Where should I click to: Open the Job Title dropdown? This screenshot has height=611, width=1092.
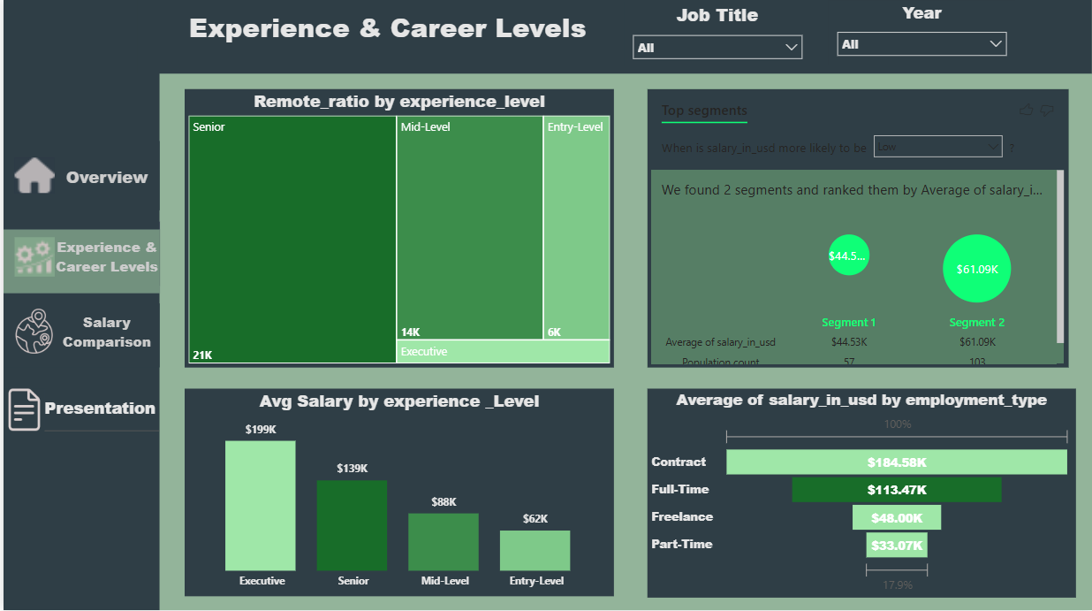click(x=717, y=48)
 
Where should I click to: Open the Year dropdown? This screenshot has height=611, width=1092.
click(x=921, y=44)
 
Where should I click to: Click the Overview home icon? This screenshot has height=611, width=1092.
click(x=34, y=176)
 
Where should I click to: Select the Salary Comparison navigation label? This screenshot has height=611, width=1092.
click(x=106, y=332)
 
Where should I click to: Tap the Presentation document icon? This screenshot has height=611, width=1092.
click(x=24, y=409)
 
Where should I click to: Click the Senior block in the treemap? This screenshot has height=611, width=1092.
click(x=292, y=239)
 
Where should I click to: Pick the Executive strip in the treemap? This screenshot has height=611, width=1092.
click(x=503, y=352)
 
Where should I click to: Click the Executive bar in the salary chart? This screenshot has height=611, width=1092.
click(x=261, y=505)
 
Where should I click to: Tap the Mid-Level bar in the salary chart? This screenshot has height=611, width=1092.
click(x=444, y=541)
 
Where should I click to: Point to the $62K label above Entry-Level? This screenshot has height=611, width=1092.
click(x=535, y=519)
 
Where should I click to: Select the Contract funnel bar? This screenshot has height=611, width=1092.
click(x=896, y=462)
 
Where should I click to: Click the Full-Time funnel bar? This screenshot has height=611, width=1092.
click(x=896, y=490)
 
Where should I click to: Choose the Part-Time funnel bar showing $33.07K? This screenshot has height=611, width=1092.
click(x=896, y=546)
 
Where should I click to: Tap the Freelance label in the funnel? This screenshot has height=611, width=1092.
click(x=682, y=516)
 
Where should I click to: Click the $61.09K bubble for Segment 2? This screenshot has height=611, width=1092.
click(x=976, y=269)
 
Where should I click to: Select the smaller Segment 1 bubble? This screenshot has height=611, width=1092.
click(x=848, y=256)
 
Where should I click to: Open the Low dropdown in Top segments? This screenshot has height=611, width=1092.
click(x=937, y=147)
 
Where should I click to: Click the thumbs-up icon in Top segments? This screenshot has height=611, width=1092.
click(x=1026, y=111)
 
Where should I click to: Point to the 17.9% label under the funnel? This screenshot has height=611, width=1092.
click(x=897, y=585)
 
